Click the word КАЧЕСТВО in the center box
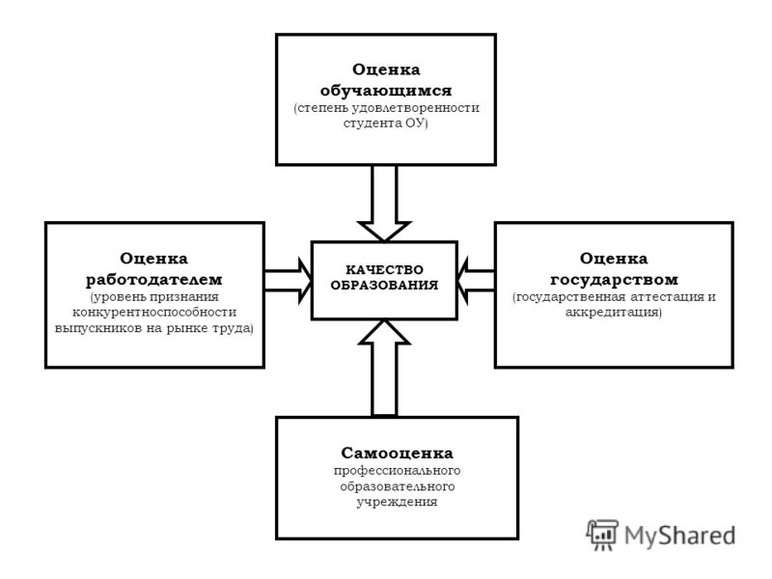coord(384,270)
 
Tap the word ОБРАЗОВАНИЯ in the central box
coord(384,285)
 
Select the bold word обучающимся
coord(385,91)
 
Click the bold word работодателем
coord(154,280)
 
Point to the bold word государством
coord(614,280)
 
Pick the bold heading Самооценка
coord(397,453)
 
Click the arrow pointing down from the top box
coord(384,203)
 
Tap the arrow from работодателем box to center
coord(288,280)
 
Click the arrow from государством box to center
coord(476,280)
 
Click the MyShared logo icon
coord(602,535)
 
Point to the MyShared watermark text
coord(680,536)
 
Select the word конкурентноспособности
coord(154,312)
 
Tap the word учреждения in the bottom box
coord(397,502)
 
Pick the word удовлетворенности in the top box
coord(415,108)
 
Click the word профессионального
coord(397,470)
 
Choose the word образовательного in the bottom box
coord(397,486)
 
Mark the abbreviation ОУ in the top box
coord(415,124)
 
